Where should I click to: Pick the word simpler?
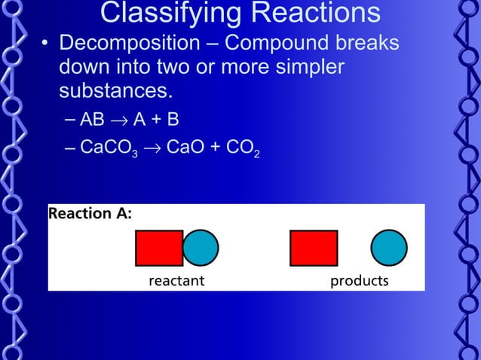point(308,68)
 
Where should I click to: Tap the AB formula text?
point(93,120)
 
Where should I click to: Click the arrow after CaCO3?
point(152,146)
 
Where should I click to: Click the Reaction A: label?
point(90,214)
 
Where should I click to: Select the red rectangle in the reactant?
point(159,248)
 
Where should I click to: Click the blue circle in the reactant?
point(201,248)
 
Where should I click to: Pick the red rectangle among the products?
point(314,248)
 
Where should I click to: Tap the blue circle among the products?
point(389,248)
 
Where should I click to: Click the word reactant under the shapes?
point(177,281)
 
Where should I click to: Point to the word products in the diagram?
point(360,281)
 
